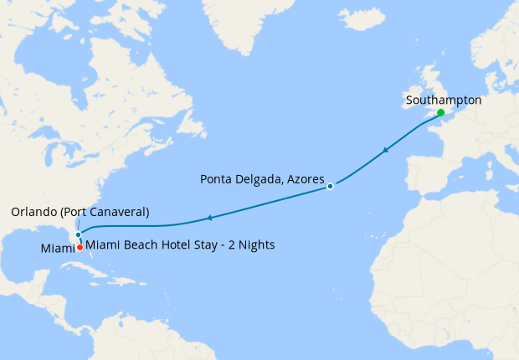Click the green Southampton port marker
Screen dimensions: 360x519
[440, 112]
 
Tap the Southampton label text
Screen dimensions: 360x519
[443, 100]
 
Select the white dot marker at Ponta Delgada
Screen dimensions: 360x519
[331, 186]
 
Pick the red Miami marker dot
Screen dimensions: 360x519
[80, 247]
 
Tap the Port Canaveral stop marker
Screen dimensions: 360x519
[78, 234]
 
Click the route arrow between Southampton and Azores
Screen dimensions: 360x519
[385, 151]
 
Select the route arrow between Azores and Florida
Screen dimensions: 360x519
[208, 219]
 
